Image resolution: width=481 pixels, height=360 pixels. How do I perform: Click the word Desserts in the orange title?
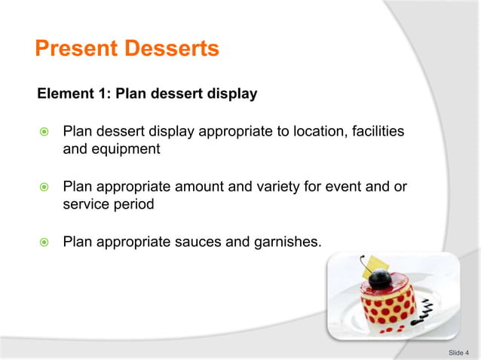coord(173,50)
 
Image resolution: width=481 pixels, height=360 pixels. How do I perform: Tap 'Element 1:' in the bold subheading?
coord(73,94)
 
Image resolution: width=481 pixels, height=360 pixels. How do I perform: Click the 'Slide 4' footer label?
coord(458,352)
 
